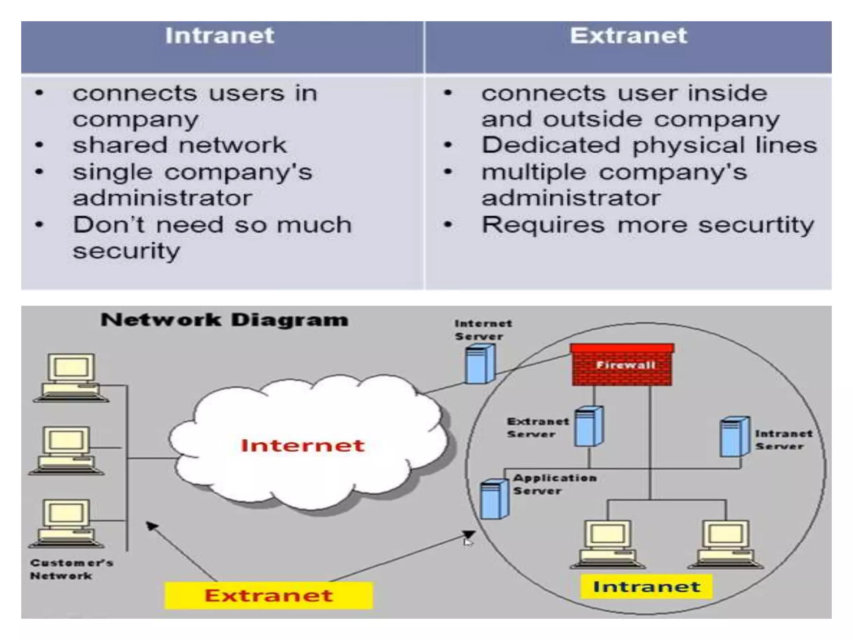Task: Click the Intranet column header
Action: pos(220,36)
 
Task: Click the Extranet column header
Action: pos(628,36)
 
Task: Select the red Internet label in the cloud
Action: pos(303,445)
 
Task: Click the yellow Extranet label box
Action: pos(269,595)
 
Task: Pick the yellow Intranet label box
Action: pos(646,587)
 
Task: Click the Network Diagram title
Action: pos(224,320)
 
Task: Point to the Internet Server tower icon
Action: pos(480,365)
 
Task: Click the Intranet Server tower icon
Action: pos(734,436)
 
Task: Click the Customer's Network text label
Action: pos(71,569)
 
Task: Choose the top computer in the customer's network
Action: pos(71,377)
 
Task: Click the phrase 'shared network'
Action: pos(180,145)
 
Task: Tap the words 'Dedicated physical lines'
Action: pos(649,145)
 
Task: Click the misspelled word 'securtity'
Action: pos(756,225)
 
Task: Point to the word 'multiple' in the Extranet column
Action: pos(534,172)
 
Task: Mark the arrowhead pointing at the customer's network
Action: pos(151,526)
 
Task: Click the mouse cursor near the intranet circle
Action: pos(468,542)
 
